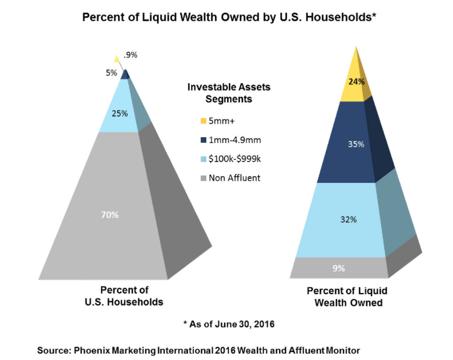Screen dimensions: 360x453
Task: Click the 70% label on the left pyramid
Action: (110, 214)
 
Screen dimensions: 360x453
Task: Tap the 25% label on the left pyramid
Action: (120, 113)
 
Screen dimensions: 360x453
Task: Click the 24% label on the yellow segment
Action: (356, 82)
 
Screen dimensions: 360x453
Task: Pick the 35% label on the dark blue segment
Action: (356, 145)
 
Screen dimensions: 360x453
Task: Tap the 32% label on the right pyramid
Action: (348, 220)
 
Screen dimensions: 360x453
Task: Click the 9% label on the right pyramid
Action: (339, 267)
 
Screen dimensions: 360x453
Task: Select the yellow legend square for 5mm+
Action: (203, 121)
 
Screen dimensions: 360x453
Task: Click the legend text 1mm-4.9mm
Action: (235, 140)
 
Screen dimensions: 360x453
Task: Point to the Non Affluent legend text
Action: (234, 178)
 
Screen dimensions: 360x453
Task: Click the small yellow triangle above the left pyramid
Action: (116, 58)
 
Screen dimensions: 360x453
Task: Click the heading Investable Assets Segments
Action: (228, 93)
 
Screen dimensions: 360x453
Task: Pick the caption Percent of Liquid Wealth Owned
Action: (347, 297)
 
